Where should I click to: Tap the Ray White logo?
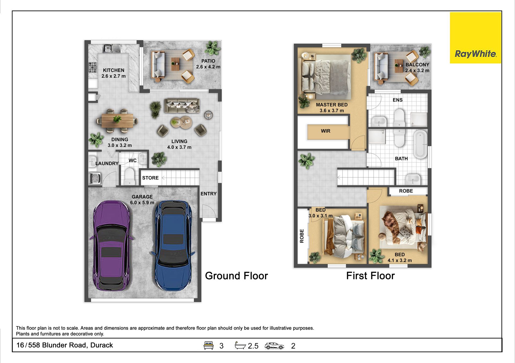point(475,38)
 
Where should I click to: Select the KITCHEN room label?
point(113,70)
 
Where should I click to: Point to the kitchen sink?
point(112,48)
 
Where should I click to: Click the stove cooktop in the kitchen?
point(93,67)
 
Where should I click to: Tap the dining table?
point(117,121)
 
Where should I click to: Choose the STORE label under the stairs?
point(150,178)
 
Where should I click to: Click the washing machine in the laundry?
point(95,178)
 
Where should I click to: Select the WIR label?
point(326,131)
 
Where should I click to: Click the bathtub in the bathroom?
point(420,144)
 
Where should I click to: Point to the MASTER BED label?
point(332,105)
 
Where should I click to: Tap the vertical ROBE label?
point(302,236)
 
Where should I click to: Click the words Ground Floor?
point(236,276)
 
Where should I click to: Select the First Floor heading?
point(370,276)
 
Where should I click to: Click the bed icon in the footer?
point(208,345)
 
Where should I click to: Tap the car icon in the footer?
point(274,346)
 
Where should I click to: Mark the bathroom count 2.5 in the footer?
point(253,346)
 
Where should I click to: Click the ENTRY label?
point(208,194)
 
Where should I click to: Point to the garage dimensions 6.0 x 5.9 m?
point(142,203)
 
